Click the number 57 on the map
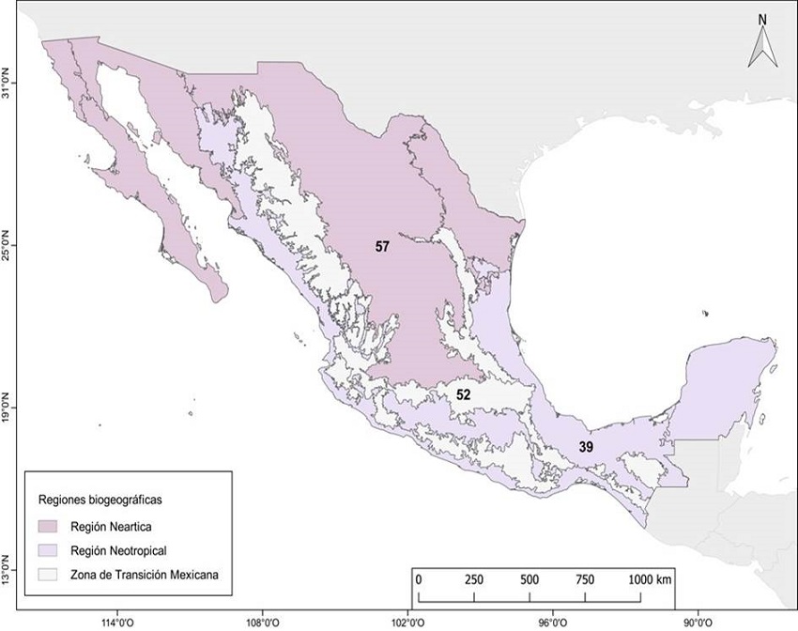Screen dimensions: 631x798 382,246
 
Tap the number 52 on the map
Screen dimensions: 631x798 463,394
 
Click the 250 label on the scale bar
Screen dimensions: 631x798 473,578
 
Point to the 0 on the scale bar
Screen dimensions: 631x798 418,578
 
